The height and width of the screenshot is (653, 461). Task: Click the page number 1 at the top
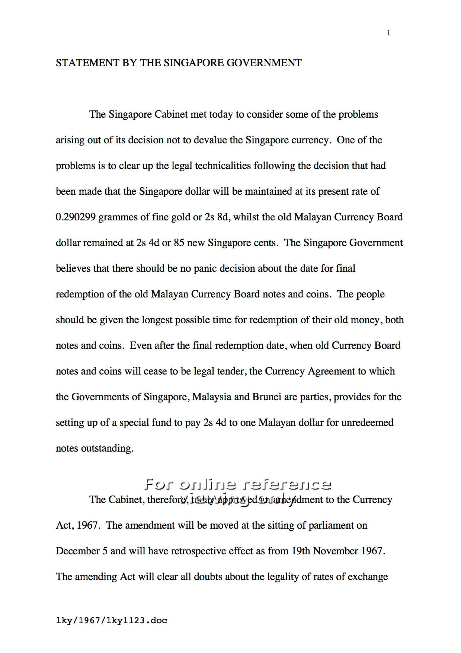(389, 33)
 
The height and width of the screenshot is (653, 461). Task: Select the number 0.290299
(76, 217)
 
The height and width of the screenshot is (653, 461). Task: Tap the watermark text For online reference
(237, 485)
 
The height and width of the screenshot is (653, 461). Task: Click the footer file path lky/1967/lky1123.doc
(111, 621)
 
